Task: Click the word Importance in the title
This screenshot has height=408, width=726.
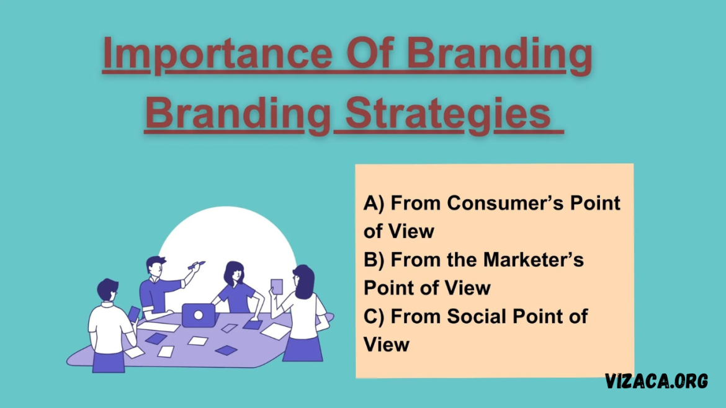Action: coord(218,55)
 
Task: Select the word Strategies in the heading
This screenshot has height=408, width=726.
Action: coord(448,114)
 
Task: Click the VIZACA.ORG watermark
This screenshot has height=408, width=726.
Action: coord(657,381)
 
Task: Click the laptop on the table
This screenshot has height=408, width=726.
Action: coord(199,316)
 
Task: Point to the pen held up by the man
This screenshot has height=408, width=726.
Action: coord(196,265)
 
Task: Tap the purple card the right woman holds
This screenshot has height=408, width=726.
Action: coord(276,286)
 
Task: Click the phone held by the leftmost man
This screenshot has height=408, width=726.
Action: coord(134,314)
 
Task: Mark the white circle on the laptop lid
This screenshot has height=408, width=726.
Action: coord(198,316)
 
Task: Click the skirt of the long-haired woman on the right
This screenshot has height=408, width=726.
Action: coord(303,349)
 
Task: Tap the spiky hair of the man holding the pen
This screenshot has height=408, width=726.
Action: coord(156,262)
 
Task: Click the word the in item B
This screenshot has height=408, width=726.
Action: coord(462,260)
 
